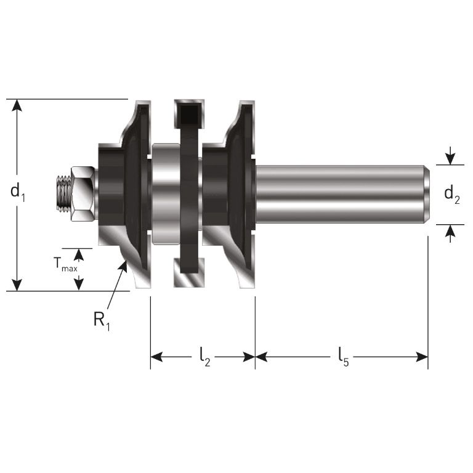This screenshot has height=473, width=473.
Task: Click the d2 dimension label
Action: (x=451, y=195)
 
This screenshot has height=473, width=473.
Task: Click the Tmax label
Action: (x=65, y=265)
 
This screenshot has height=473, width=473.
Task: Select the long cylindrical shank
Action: (x=339, y=193)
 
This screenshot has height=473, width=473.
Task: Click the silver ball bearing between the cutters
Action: (x=166, y=193)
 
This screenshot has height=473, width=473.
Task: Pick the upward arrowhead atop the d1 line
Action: (x=18, y=105)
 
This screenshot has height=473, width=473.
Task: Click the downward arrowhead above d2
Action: (x=451, y=160)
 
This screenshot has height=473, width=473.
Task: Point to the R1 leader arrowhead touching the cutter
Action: (x=126, y=265)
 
